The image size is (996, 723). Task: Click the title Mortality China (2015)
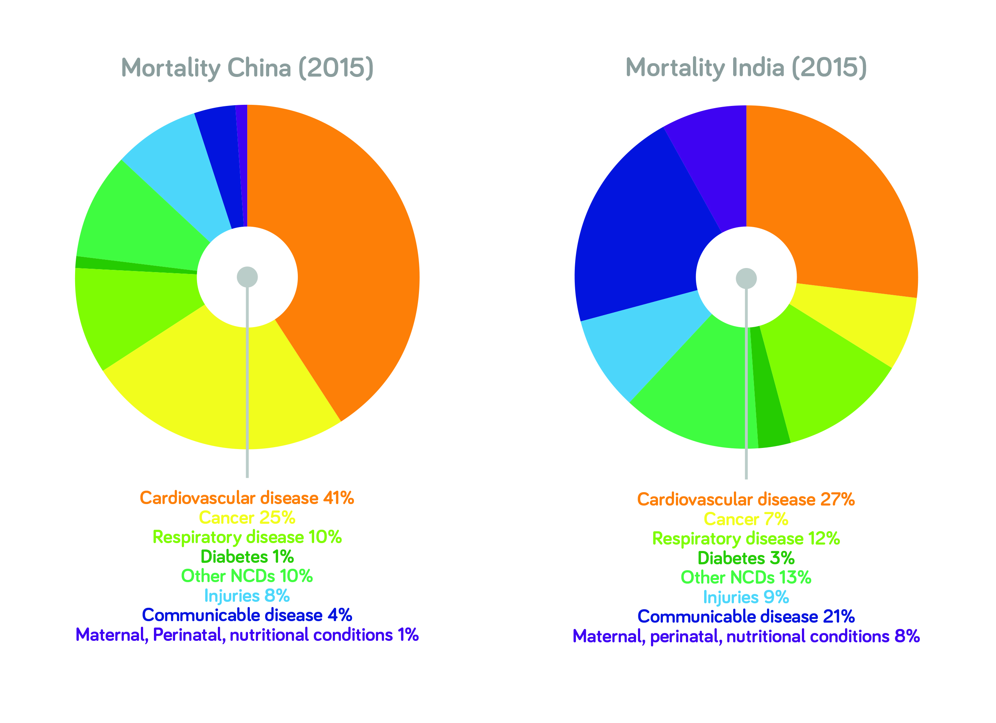coord(247,68)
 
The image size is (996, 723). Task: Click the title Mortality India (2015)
coord(746,68)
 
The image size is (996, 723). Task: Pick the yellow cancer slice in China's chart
coord(211,386)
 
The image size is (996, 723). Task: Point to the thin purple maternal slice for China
coord(242,167)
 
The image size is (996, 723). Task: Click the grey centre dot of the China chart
coord(247,277)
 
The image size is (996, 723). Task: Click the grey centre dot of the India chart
coord(746,278)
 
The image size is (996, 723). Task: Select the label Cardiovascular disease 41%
coord(247,498)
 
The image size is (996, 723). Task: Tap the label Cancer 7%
coord(746,519)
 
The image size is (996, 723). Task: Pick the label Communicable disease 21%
coord(746,616)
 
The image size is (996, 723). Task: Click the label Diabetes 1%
coord(247,556)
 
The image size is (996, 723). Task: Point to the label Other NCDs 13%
coord(746,577)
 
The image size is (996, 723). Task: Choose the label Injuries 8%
coord(247,596)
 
